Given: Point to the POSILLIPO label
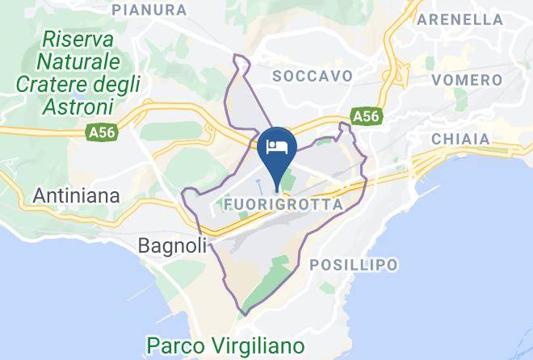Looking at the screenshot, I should (354, 265).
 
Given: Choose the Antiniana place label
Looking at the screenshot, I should (76, 195).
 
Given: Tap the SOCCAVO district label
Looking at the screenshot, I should (313, 75).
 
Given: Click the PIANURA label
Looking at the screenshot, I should (151, 10).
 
